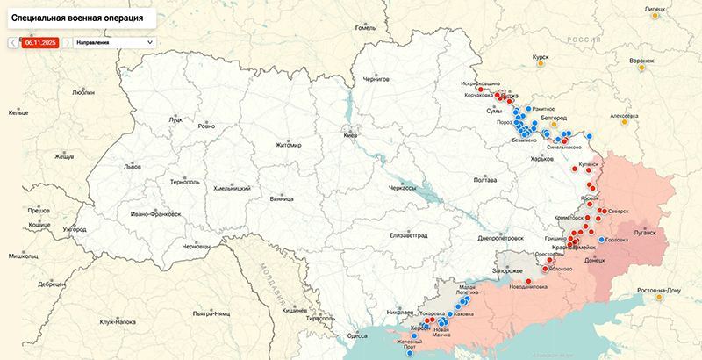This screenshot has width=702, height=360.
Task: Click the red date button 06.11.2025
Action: coord(39,41)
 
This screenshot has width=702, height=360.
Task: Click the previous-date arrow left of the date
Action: coord(11,41)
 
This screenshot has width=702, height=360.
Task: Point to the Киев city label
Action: coord(351,136)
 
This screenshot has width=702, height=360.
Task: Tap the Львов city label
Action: coord(132,166)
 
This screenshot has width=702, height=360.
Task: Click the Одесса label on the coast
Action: coord(357,335)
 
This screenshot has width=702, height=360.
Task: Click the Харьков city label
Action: coord(543,159)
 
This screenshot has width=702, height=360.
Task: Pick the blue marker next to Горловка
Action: coord(601,240)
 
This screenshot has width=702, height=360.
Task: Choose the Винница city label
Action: coord(283,199)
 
